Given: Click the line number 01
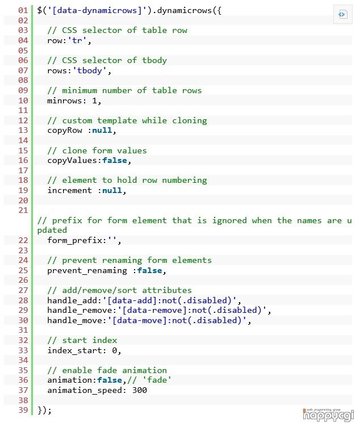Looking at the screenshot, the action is (23, 10).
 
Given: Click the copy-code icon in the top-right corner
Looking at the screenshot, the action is (342, 15).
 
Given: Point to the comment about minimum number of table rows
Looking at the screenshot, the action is (124, 90).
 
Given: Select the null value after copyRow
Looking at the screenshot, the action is (102, 130).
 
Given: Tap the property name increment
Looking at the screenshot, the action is (69, 190).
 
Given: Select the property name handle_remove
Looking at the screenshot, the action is (79, 310).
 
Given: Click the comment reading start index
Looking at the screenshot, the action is (82, 340).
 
